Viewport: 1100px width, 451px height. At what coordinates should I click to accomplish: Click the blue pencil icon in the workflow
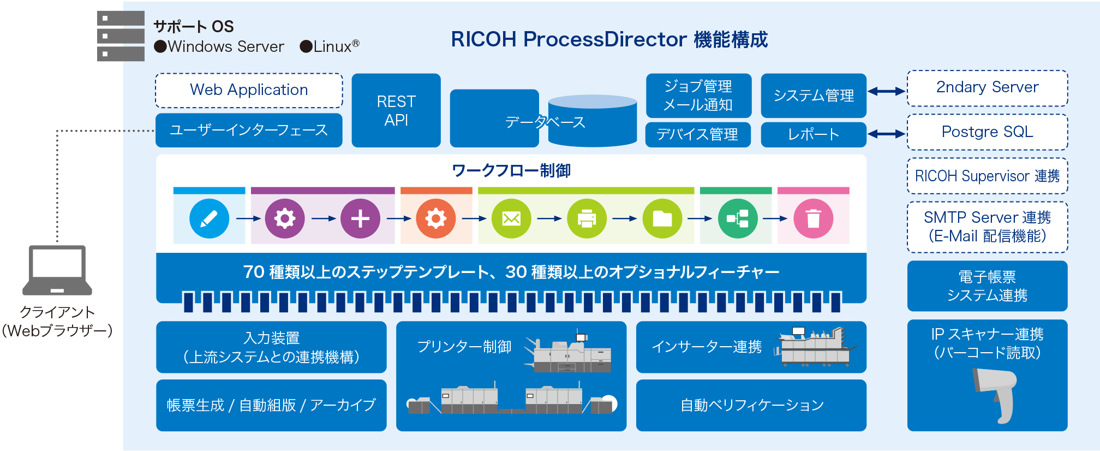pos(209,219)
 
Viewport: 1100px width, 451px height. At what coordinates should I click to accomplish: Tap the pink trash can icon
pos(813,219)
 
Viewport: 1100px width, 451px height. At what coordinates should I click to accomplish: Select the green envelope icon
pos(511,219)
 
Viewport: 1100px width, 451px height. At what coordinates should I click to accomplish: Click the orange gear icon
pos(435,219)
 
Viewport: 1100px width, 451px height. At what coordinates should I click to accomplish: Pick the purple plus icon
pos(360,219)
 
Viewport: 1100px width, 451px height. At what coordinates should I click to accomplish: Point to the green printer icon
pos(587,219)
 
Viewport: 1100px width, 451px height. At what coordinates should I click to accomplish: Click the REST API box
pos(396,111)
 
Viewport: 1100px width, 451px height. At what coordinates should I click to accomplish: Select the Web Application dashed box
pos(249,90)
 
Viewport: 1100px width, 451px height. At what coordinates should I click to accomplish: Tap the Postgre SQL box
pos(987,132)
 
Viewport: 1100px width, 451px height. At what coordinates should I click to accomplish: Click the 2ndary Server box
pos(987,88)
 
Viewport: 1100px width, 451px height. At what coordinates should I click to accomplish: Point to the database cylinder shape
pos(593,121)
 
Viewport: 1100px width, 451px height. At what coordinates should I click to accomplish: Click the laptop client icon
pos(57,270)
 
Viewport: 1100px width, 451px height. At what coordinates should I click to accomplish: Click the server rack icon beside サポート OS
pos(121,36)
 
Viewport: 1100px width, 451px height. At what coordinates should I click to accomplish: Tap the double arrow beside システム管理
pos(887,92)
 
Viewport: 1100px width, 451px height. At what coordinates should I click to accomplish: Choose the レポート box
pos(813,135)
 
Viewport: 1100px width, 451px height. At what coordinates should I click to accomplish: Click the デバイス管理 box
pos(697,135)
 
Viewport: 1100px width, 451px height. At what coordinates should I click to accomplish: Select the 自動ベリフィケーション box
pos(751,405)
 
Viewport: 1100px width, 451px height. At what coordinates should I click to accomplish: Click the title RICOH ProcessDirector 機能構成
pos(609,39)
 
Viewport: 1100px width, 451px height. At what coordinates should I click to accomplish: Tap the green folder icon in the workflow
pos(662,219)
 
